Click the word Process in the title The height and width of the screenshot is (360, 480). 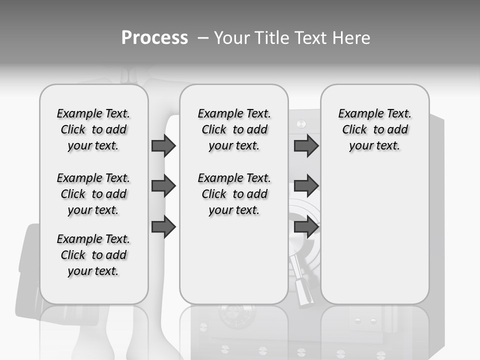(x=154, y=38)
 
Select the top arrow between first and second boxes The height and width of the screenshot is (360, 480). (x=163, y=145)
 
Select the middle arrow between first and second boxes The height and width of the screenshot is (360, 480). (x=163, y=186)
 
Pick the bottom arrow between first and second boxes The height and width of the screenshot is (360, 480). (x=163, y=227)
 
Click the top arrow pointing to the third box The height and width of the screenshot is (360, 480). (x=306, y=145)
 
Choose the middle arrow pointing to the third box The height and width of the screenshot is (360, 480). (x=306, y=186)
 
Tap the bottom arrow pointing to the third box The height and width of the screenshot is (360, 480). (x=306, y=227)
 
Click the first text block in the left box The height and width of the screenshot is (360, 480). (x=93, y=129)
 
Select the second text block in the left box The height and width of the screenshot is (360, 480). (x=93, y=194)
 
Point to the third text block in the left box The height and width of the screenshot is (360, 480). (x=93, y=255)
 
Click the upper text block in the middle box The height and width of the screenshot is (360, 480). (x=234, y=129)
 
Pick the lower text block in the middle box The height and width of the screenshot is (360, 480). (x=234, y=194)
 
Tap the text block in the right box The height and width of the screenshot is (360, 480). (x=374, y=129)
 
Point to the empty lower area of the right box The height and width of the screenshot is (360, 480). (x=374, y=235)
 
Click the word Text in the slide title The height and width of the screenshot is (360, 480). (x=310, y=38)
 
